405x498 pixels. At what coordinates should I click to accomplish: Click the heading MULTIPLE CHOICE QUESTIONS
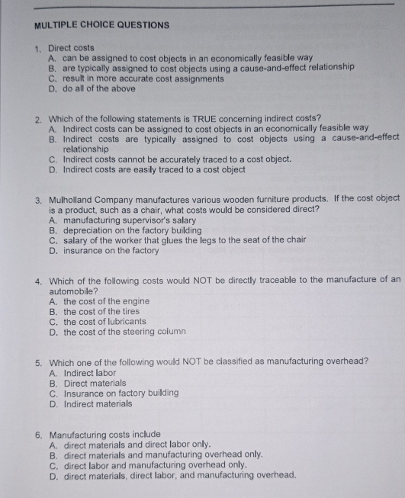pyautogui.click(x=102, y=25)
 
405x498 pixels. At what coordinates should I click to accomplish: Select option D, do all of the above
pyautogui.click(x=99, y=88)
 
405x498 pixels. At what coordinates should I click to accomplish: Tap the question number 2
pyautogui.click(x=38, y=119)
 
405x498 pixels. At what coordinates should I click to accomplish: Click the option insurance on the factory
pyautogui.click(x=111, y=250)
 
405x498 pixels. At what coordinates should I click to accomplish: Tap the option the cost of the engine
pyautogui.click(x=106, y=301)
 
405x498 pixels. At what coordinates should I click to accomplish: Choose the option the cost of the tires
pyautogui.click(x=102, y=311)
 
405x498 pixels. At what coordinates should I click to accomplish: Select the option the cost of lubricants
pyautogui.click(x=104, y=321)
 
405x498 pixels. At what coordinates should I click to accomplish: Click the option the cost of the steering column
pyautogui.click(x=124, y=332)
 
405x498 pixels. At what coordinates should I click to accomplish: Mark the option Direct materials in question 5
pyautogui.click(x=95, y=384)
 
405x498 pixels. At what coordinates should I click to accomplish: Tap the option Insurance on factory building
pyautogui.click(x=121, y=394)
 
